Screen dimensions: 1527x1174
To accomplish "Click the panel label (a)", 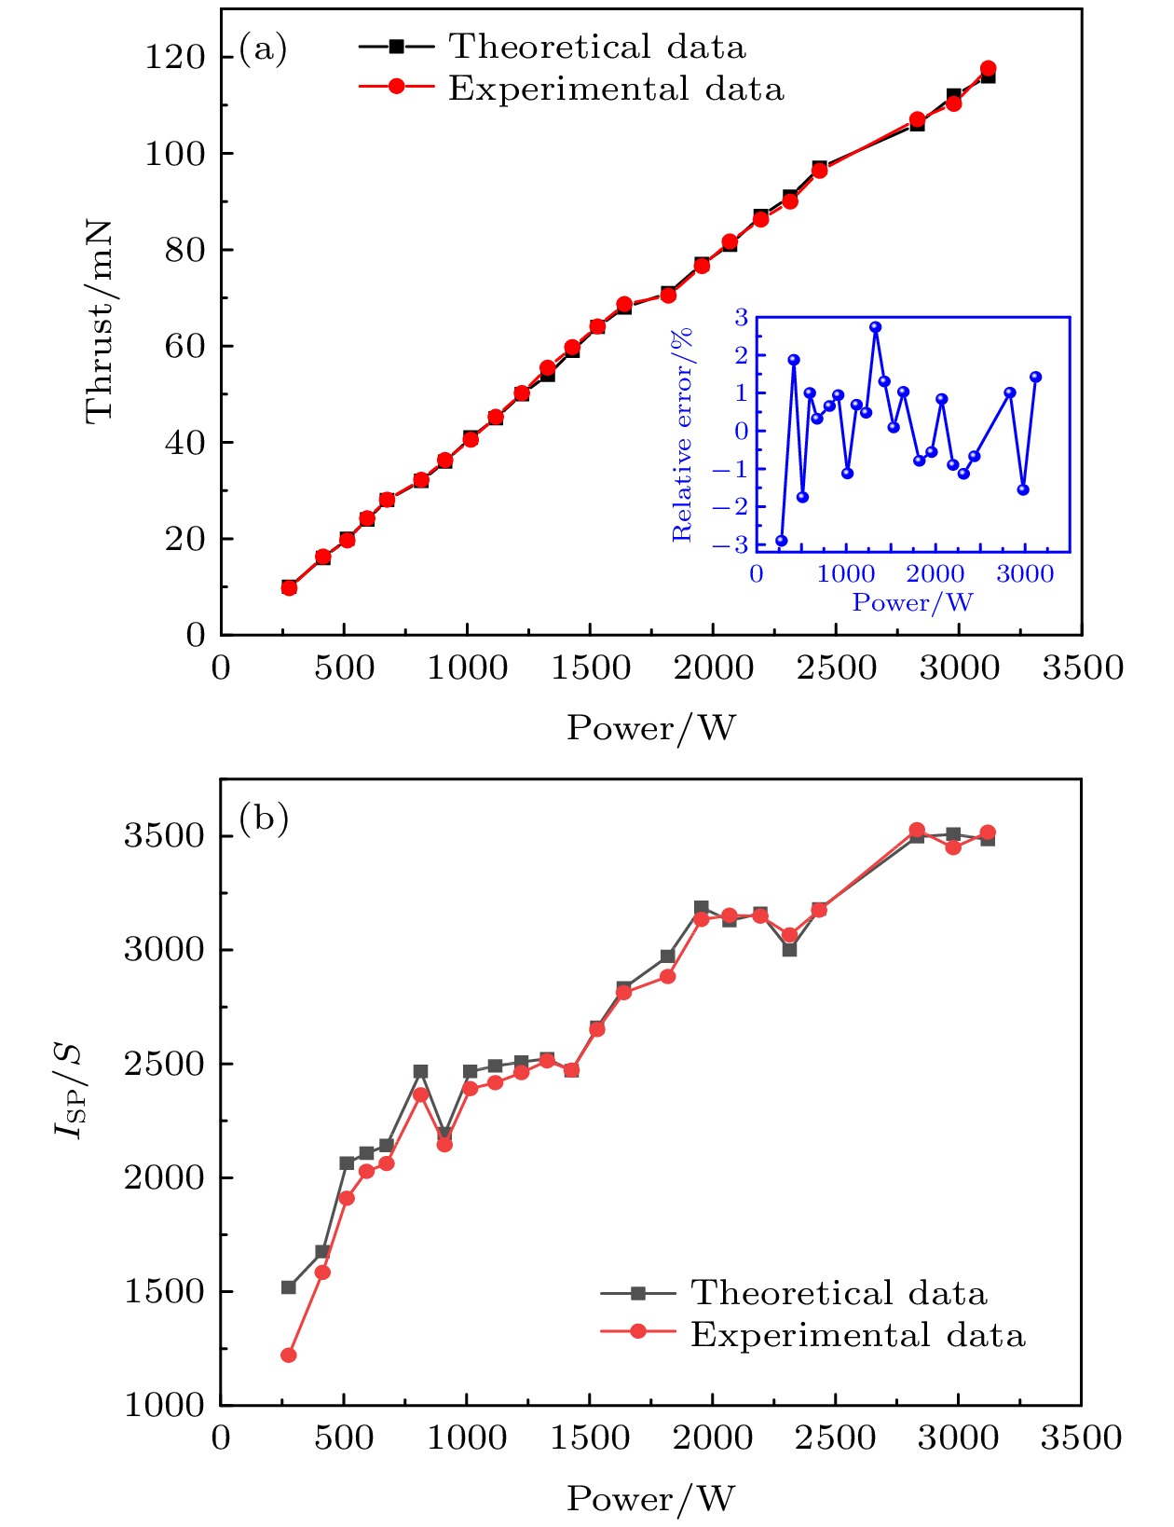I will click(x=264, y=48).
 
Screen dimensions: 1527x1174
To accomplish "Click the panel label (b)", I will click(x=264, y=819).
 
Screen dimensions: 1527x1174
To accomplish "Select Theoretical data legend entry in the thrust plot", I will click(x=596, y=47).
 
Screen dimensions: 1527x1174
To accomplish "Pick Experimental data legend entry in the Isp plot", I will click(x=857, y=1335).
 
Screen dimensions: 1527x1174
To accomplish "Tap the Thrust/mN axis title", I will click(x=100, y=322).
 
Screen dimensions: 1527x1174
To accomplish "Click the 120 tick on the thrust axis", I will click(x=174, y=58).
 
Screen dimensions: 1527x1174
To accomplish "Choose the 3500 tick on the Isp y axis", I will click(x=164, y=836).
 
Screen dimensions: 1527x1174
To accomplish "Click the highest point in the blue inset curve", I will click(x=876, y=327).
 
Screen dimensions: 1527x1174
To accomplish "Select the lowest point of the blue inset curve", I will click(x=782, y=541).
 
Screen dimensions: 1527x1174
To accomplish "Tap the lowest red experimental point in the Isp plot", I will click(x=289, y=1355).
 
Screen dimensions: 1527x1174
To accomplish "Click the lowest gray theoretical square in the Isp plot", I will click(x=289, y=1287).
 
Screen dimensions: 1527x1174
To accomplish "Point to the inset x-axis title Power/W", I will click(x=912, y=603).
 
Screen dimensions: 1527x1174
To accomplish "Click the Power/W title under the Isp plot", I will click(x=650, y=1499).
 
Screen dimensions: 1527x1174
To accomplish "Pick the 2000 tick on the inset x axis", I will click(x=935, y=574).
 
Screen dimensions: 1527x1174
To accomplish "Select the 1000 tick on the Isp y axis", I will click(x=164, y=1406).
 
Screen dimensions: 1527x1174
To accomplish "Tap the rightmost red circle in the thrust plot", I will click(x=988, y=69).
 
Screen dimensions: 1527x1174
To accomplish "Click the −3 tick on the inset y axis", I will click(x=735, y=545).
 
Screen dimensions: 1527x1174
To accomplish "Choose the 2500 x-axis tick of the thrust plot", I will click(x=836, y=668).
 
